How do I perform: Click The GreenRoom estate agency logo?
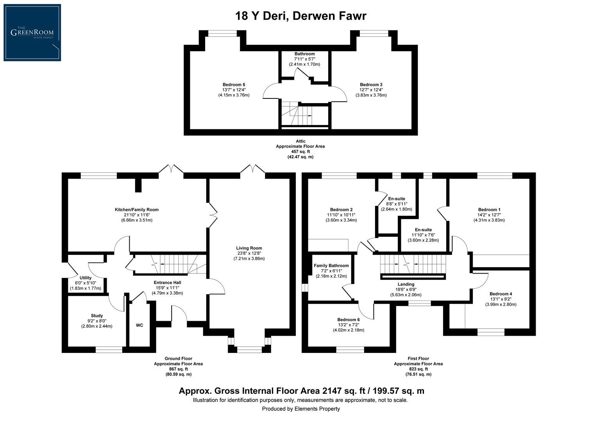[32, 32]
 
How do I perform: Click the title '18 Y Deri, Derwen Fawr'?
[300, 16]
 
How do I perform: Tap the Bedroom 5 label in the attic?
[234, 85]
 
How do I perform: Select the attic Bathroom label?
[304, 54]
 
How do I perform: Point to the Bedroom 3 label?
[371, 85]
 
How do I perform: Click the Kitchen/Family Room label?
[136, 210]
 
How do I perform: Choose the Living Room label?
[249, 248]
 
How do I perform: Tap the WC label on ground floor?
[139, 325]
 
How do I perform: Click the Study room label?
[97, 316]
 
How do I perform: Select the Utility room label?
[85, 278]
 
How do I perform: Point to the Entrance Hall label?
[167, 283]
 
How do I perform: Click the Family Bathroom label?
[331, 266]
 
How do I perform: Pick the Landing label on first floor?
[406, 284]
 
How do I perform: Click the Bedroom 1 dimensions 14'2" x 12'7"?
[489, 215]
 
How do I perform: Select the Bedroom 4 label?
[500, 294]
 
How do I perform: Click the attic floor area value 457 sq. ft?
[300, 152]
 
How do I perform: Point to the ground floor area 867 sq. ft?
[178, 369]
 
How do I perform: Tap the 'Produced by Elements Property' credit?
[300, 409]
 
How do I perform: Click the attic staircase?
[299, 114]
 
